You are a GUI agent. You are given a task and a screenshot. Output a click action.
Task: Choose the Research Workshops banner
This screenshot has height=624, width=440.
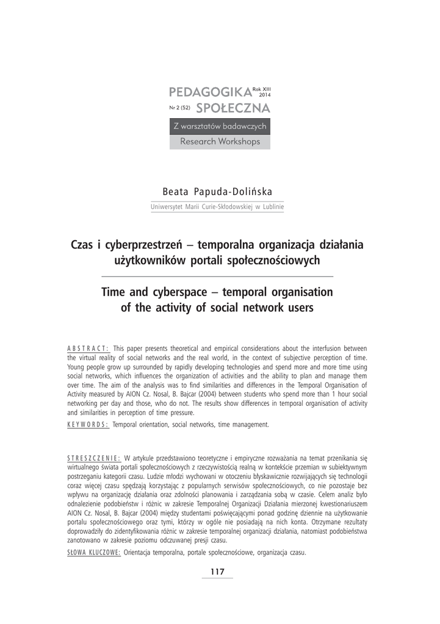click(x=220, y=141)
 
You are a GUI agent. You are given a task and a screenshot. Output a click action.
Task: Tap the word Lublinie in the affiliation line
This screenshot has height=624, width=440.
click(x=272, y=207)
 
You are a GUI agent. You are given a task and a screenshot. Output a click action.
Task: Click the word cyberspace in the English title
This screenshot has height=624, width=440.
click(x=173, y=292)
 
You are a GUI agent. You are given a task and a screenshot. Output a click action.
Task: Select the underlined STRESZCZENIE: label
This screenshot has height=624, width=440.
click(x=93, y=457)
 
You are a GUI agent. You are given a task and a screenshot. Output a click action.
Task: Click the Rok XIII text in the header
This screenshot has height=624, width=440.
click(x=261, y=90)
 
